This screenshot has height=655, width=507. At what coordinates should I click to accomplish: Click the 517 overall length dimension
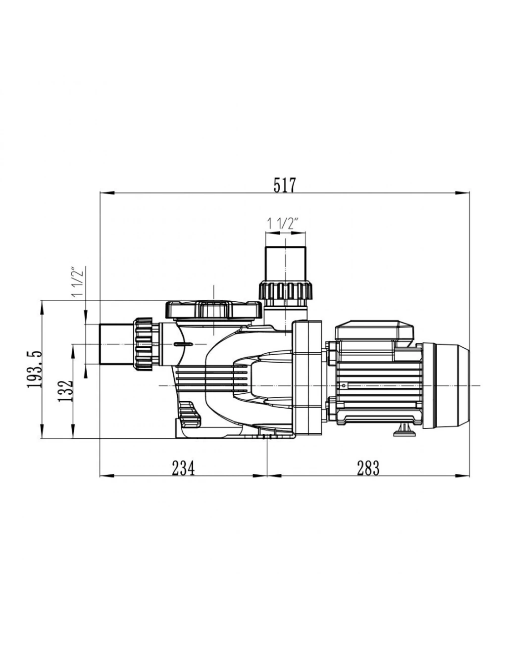point(285,185)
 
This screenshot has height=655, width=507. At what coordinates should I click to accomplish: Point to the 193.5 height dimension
point(34,369)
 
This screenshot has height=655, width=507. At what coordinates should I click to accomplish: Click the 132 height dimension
point(65,391)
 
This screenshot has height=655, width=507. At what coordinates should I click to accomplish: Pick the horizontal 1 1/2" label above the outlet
point(282,224)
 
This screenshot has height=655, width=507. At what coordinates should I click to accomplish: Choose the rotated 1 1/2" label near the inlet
point(78,282)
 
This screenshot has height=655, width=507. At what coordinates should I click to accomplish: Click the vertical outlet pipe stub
point(285,264)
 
